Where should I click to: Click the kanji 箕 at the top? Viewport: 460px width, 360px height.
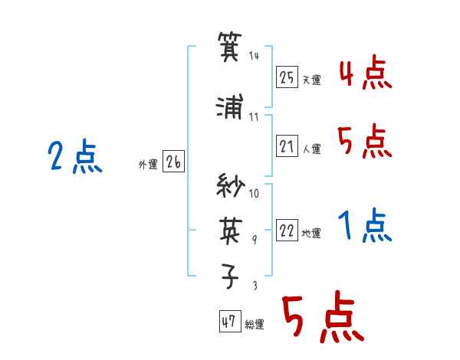tap(230, 46)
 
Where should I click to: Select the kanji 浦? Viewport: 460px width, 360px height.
tap(230, 106)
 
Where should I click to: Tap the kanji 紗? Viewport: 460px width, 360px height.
tap(231, 185)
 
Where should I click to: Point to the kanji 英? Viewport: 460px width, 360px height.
tap(231, 231)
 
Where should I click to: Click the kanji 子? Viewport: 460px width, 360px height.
tap(230, 276)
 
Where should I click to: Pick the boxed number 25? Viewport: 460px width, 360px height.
tap(287, 77)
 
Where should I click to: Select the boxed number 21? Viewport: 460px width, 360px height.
tap(287, 146)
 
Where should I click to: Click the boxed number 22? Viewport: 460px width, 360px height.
tap(287, 230)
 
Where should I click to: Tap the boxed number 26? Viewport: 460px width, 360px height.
tap(173, 162)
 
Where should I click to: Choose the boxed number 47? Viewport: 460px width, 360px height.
tap(230, 321)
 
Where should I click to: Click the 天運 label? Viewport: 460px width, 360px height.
tap(311, 80)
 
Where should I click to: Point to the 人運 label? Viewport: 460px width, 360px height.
tap(311, 149)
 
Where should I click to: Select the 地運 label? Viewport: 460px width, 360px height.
tap(311, 234)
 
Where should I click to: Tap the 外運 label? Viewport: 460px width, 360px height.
tap(148, 165)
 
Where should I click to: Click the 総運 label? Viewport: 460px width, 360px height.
tap(255, 324)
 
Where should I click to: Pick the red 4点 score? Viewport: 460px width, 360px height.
tap(366, 73)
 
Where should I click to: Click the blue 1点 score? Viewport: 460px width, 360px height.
tap(365, 225)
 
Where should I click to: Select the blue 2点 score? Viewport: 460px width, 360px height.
tap(75, 156)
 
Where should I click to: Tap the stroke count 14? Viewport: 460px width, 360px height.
tap(254, 55)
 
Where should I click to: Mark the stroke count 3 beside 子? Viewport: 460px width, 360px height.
tap(255, 285)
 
